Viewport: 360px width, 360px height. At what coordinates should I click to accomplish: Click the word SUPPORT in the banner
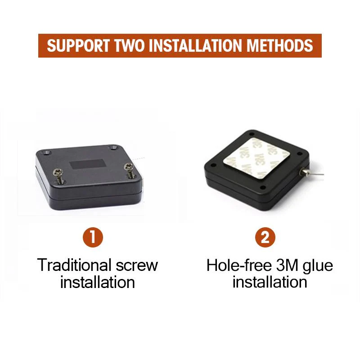[78, 45]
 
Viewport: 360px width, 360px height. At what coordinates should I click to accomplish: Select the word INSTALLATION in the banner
[197, 45]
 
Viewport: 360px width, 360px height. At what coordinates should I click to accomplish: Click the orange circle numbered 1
[93, 237]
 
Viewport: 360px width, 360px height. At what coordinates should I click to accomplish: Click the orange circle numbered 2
[265, 237]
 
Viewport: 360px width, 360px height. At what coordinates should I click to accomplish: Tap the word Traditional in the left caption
[74, 265]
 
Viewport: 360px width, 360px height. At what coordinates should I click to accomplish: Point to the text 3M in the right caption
[287, 265]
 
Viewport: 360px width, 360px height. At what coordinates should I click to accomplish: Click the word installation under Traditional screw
[98, 282]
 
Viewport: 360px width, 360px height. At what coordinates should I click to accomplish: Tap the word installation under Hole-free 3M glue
[270, 282]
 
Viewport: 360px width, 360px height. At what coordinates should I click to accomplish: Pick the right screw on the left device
[130, 170]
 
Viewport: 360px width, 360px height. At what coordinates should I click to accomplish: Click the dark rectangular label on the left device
[87, 164]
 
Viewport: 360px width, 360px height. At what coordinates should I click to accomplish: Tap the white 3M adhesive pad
[256, 158]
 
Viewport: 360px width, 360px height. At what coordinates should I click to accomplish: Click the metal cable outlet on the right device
[303, 171]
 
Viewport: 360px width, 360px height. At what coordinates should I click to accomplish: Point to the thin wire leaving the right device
[316, 174]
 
